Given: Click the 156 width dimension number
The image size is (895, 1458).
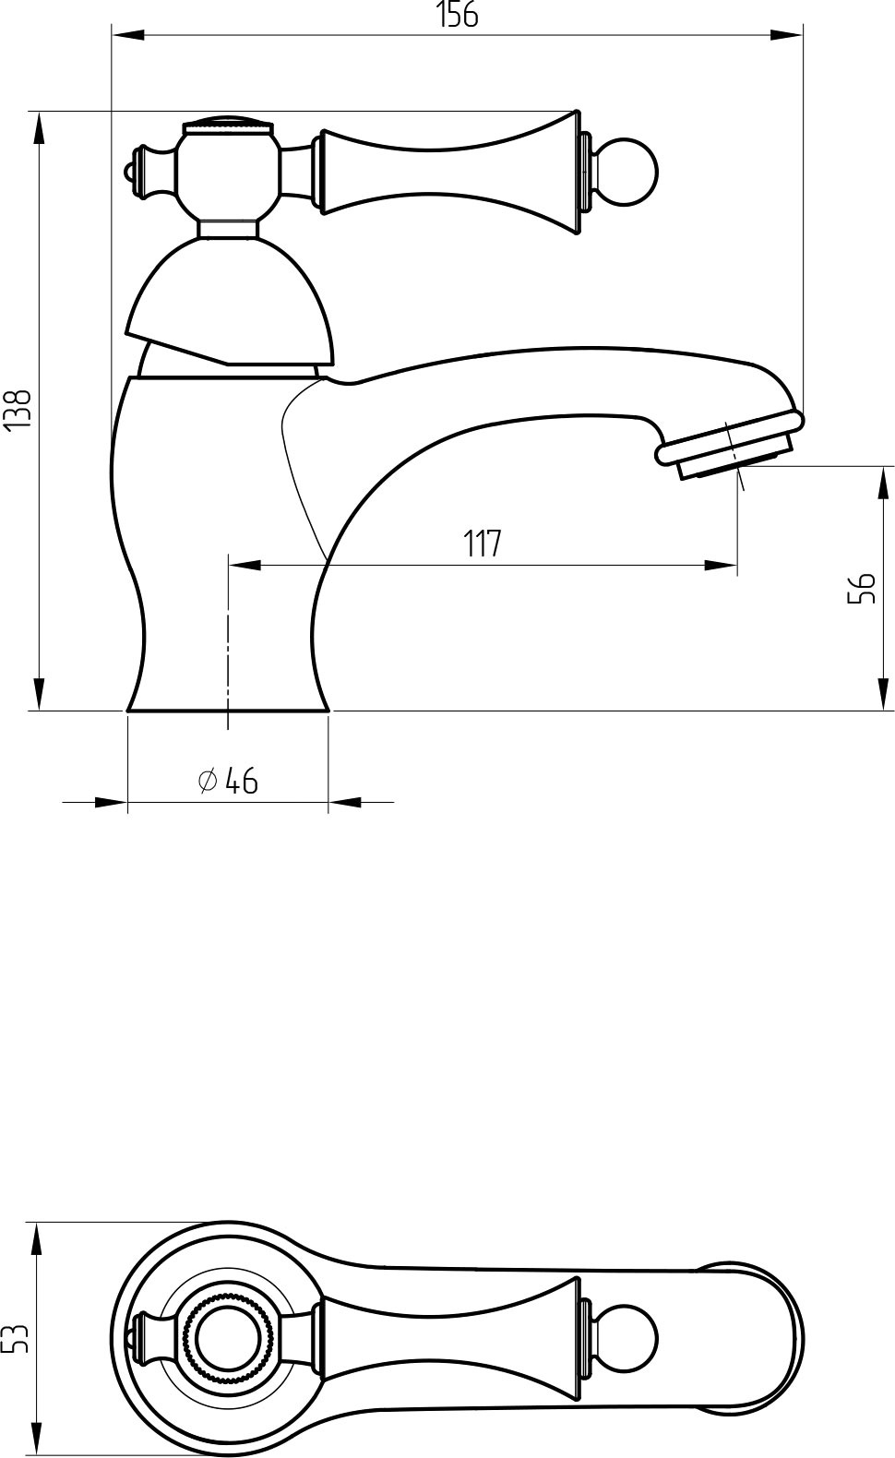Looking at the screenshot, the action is pyautogui.click(x=457, y=15).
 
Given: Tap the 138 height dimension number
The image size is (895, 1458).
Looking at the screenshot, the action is pyautogui.click(x=17, y=410).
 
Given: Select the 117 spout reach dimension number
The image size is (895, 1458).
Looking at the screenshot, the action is pyautogui.click(x=483, y=544).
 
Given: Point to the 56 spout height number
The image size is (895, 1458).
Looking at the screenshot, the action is pyautogui.click(x=861, y=589).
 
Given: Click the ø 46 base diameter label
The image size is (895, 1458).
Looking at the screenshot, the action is pyautogui.click(x=228, y=781).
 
